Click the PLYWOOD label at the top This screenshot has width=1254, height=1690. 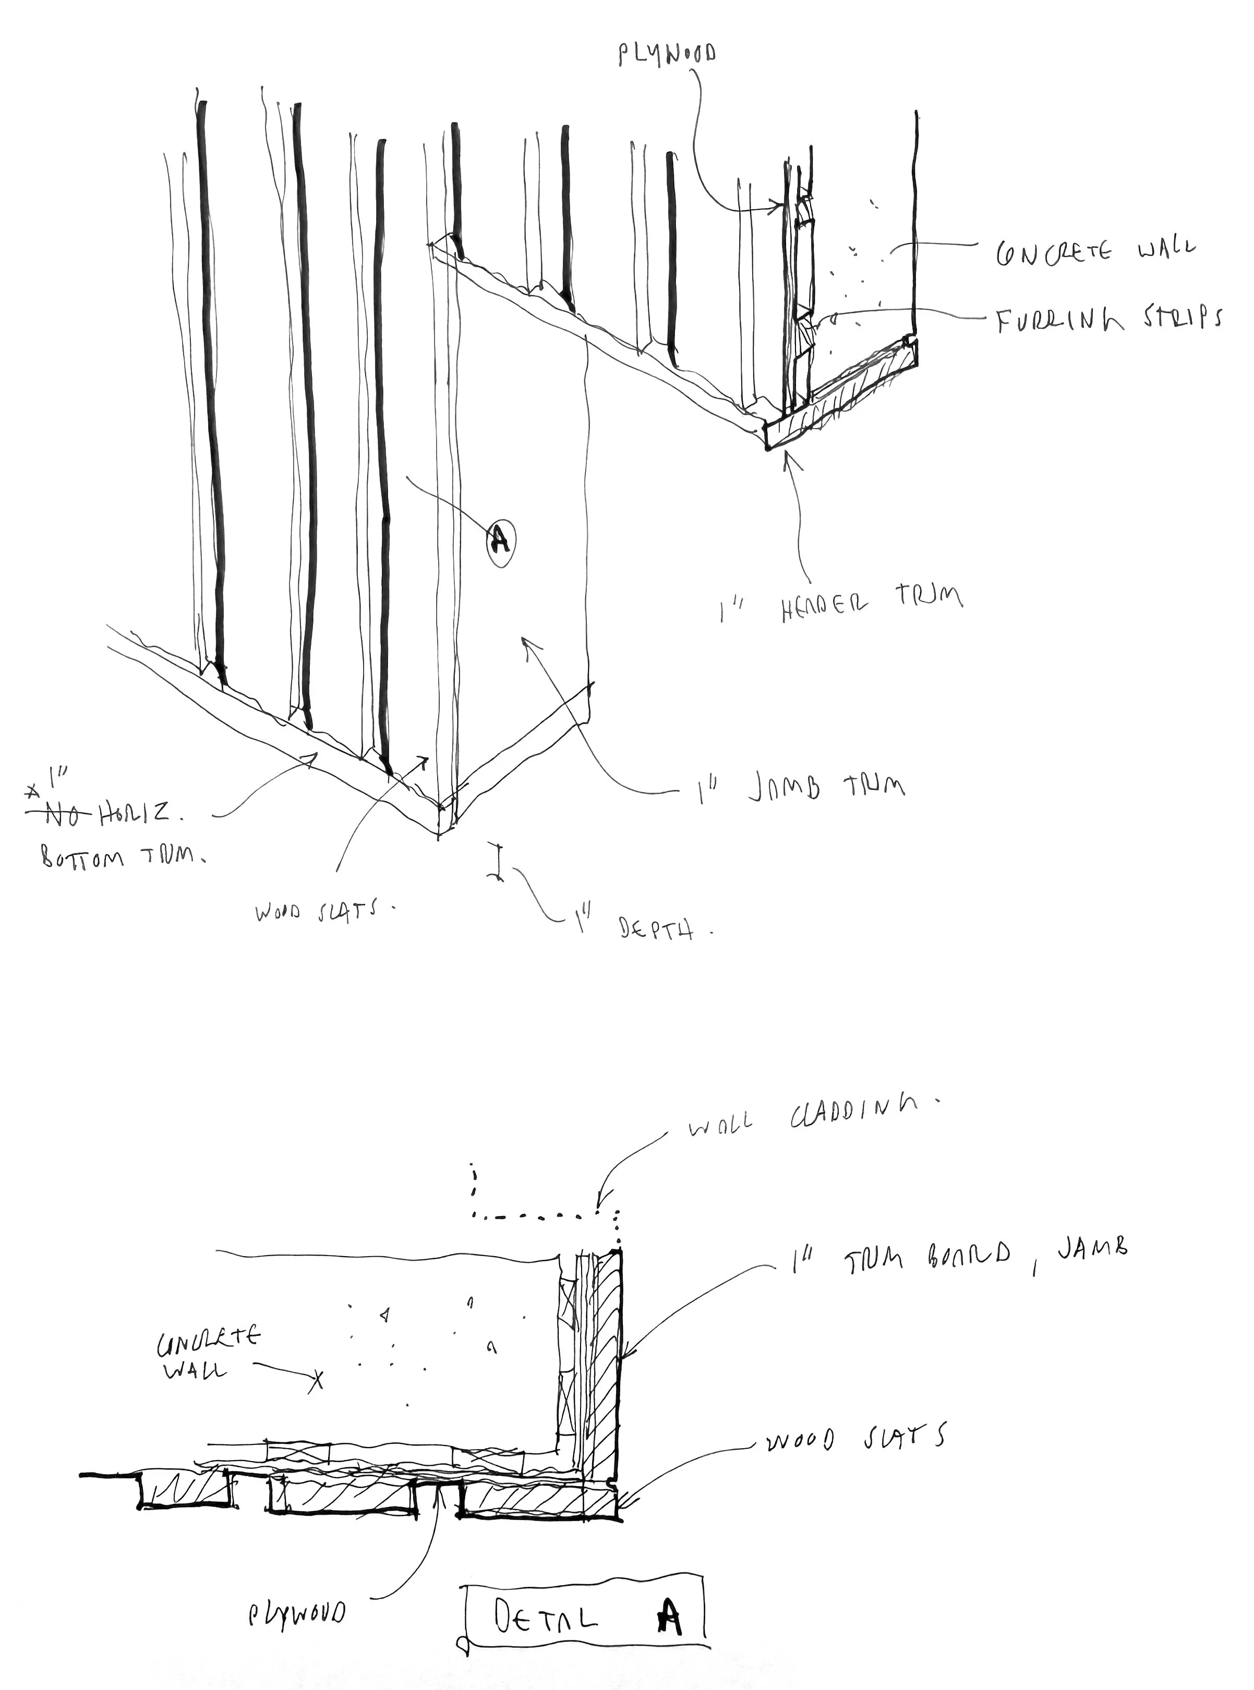(667, 54)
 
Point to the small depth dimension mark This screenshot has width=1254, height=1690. (497, 861)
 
